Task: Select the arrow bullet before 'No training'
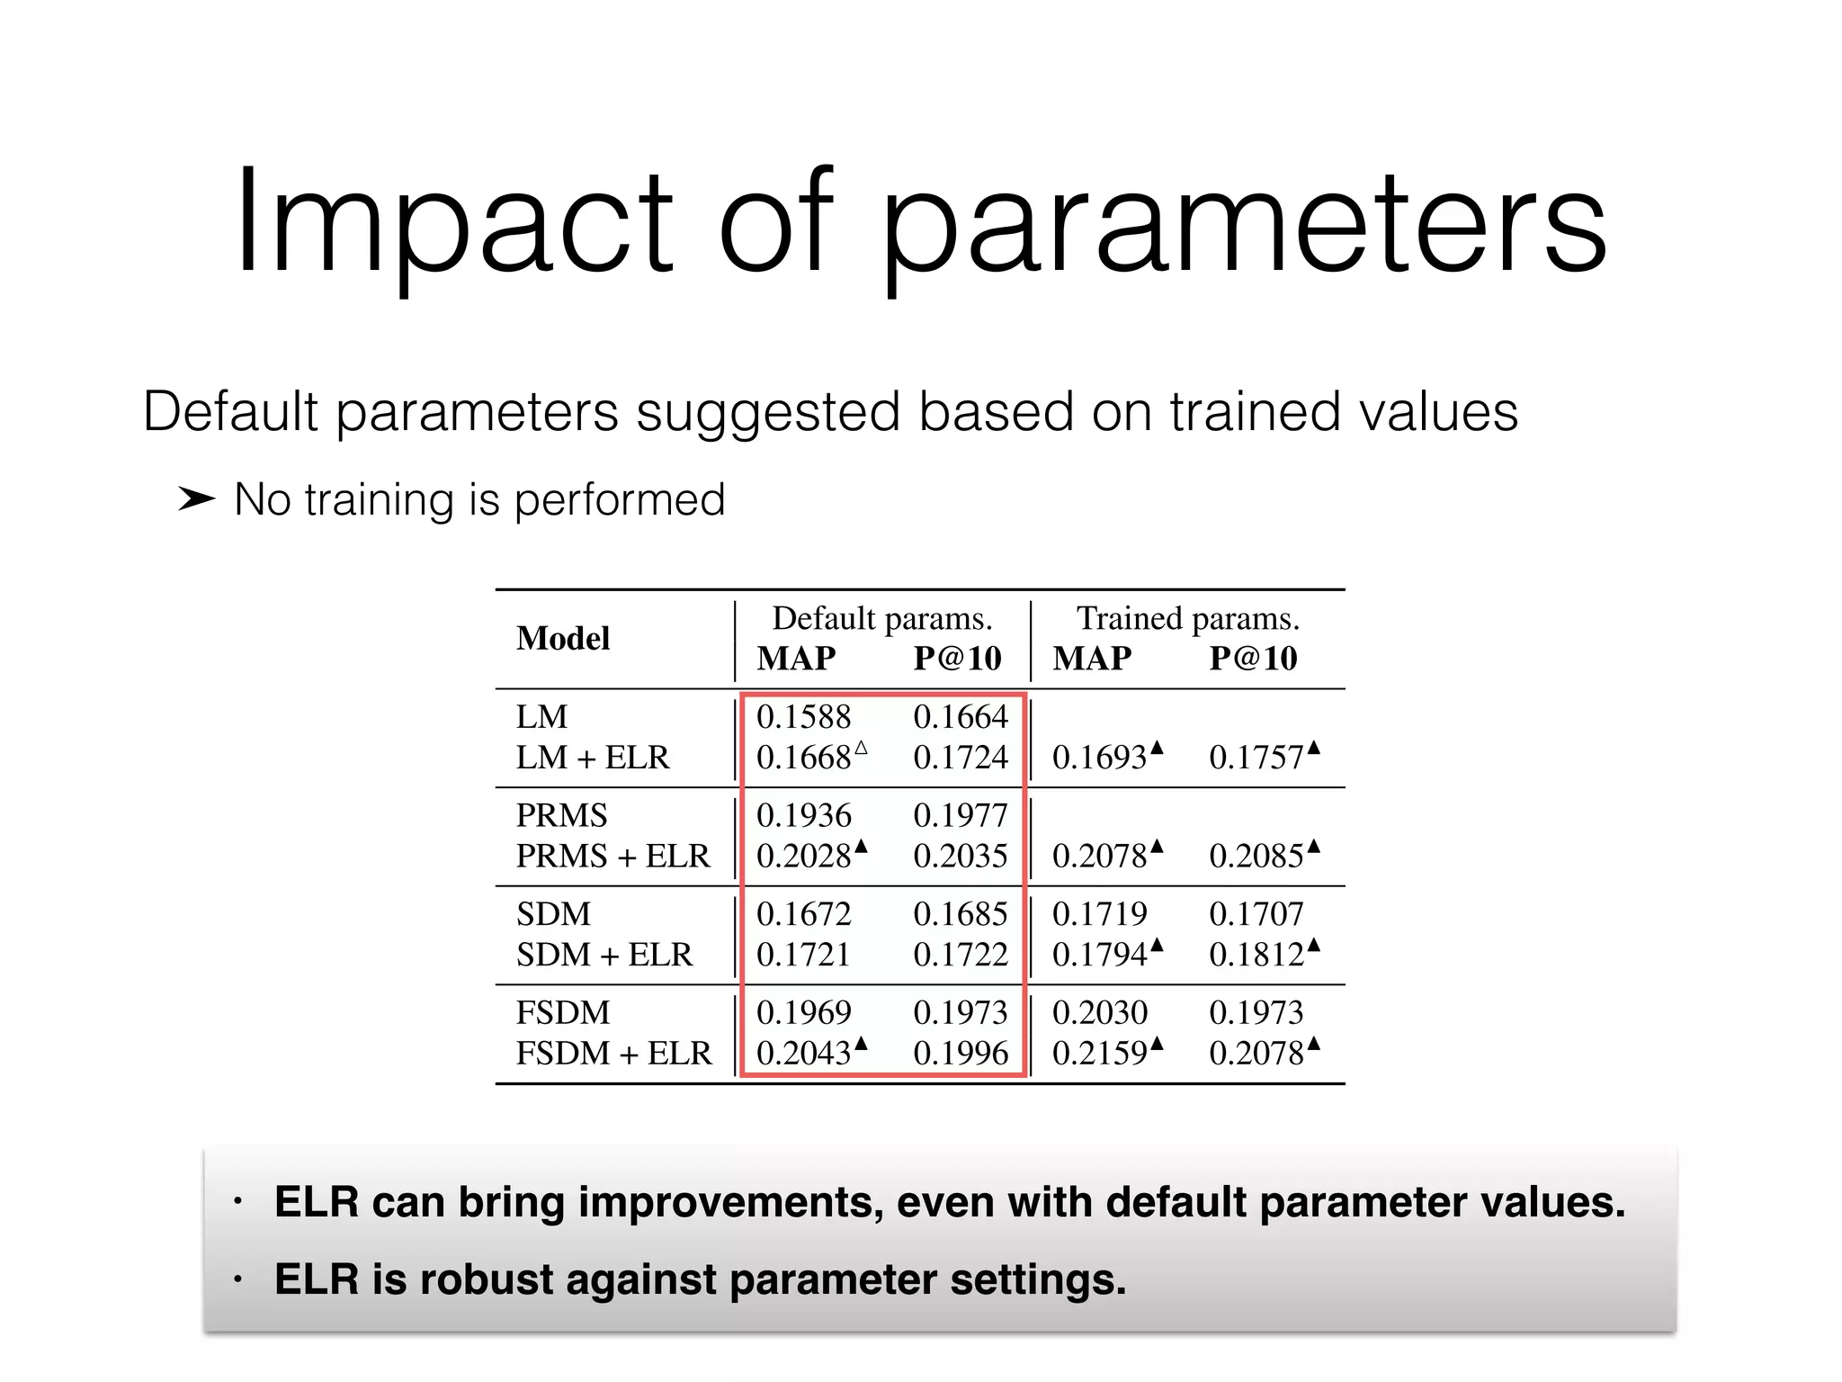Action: [196, 498]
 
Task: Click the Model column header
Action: [563, 639]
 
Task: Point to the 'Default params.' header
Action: [881, 618]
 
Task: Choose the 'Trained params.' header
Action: [1187, 618]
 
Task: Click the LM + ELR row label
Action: [593, 758]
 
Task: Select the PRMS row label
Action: [561, 815]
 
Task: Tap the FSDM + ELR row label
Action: [613, 1053]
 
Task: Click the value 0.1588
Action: [803, 717]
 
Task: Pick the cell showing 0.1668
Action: [803, 758]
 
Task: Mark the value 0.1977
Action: [961, 815]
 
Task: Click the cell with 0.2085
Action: [1256, 856]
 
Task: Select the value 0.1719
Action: [1099, 914]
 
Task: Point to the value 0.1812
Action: [1256, 955]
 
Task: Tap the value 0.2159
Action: [1099, 1053]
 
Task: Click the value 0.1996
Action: [961, 1053]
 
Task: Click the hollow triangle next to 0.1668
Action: [861, 748]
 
